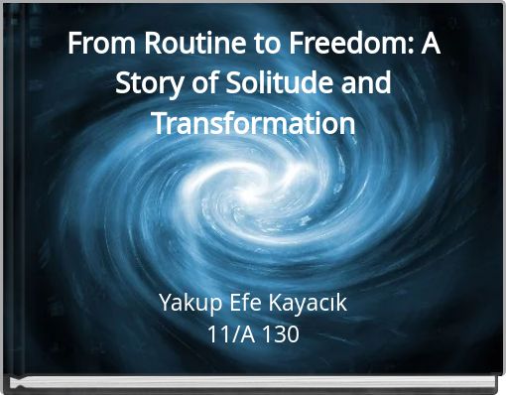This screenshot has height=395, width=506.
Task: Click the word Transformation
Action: (x=253, y=124)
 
